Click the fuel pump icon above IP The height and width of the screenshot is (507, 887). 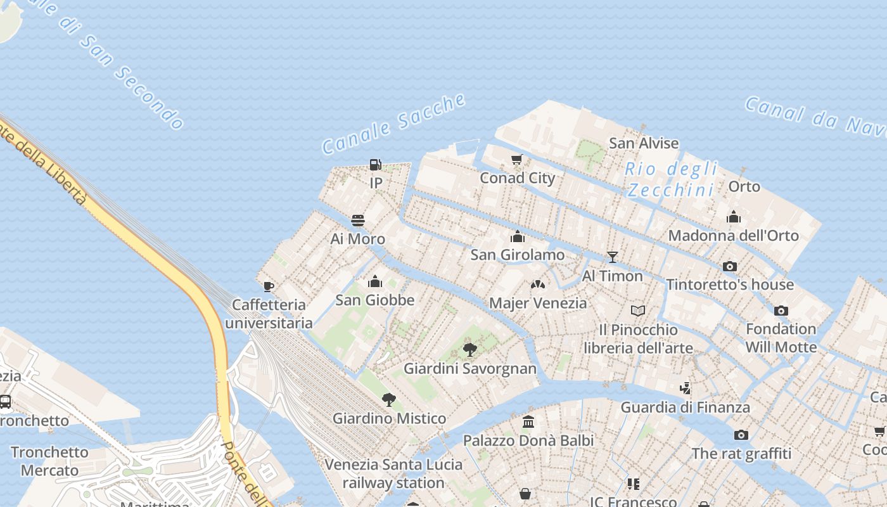point(376,165)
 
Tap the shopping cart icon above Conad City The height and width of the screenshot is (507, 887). point(517,159)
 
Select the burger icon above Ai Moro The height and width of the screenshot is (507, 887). point(358,221)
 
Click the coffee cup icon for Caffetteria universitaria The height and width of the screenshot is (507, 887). point(269,286)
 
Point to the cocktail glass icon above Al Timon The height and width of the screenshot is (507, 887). point(612,257)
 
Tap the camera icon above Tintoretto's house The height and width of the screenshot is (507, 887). point(730,266)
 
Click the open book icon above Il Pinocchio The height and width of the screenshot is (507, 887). point(638,311)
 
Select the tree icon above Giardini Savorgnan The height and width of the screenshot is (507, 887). point(470,349)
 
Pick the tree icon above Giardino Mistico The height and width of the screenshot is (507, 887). point(389,399)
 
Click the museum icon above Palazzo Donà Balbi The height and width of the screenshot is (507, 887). point(528,421)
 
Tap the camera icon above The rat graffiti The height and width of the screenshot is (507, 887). point(741,435)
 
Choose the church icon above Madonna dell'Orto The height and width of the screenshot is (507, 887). point(734,217)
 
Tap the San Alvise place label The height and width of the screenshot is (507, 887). point(644,143)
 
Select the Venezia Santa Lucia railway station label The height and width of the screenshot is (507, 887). point(393,473)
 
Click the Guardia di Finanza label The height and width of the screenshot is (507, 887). point(685,408)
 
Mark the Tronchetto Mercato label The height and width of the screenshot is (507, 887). point(49,461)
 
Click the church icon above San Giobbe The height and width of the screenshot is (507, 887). point(375,281)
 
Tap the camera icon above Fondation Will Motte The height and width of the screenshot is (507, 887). point(781,311)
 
